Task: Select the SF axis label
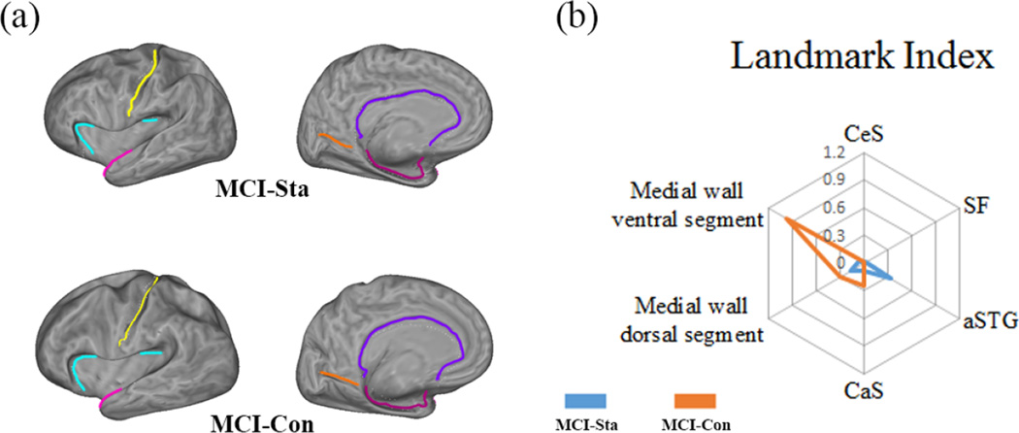click(977, 204)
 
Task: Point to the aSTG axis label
click(989, 321)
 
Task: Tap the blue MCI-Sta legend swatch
click(586, 400)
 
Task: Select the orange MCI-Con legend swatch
click(695, 400)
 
